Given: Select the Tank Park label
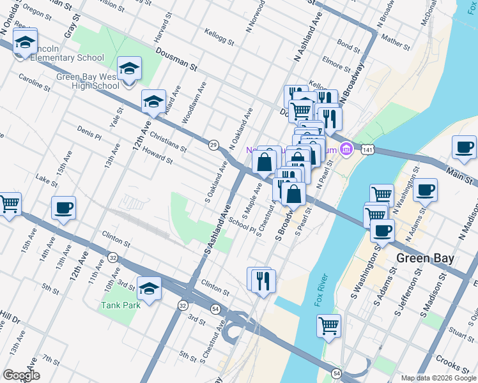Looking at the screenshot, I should click(120, 305).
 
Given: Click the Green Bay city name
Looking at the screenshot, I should click(425, 259).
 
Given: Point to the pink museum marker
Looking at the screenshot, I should click(346, 149).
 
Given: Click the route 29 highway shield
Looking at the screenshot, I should click(213, 145).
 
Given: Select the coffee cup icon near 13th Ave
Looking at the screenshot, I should click(64, 207).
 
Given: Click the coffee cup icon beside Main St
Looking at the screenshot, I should click(464, 147).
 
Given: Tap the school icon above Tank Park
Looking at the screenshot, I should click(149, 288).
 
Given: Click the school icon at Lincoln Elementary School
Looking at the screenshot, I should click(25, 42).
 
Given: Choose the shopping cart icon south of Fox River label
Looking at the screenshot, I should click(328, 326).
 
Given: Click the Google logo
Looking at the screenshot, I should click(22, 375).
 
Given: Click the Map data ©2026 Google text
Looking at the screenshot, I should click(437, 378).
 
